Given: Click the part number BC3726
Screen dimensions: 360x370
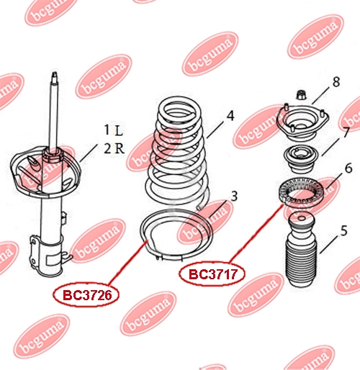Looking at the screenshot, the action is (87, 295).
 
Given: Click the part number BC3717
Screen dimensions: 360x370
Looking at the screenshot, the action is (213, 274).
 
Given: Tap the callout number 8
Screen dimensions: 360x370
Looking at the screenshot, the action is (336, 82).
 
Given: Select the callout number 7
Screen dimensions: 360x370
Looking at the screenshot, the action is (346, 132).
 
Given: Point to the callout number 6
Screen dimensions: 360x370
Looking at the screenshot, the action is (348, 168).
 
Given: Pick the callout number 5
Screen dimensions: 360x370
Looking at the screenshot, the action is (344, 230).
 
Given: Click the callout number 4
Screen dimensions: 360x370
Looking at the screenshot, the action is (230, 116).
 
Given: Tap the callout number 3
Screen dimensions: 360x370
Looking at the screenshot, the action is (234, 196).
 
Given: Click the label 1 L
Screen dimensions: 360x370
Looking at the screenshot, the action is (114, 130).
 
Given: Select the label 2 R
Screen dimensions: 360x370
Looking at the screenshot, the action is (114, 148).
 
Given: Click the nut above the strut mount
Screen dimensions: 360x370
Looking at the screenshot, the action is (301, 94).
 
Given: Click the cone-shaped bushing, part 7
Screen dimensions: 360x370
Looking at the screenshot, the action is (302, 159).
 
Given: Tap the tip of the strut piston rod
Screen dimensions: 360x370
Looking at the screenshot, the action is (55, 73).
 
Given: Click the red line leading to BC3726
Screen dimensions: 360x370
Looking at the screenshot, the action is (127, 262).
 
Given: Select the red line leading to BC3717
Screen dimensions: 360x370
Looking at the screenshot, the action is (256, 233).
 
